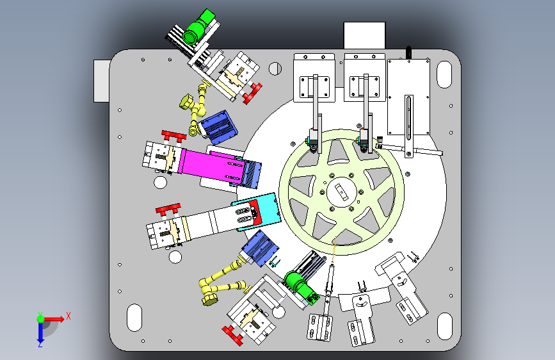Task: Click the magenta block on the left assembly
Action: (209, 165)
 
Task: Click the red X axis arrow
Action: (53, 319)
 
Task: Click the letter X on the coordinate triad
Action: (68, 316)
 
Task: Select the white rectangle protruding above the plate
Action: (365, 35)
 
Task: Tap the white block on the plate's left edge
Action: (102, 81)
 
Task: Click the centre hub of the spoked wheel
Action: (342, 192)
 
